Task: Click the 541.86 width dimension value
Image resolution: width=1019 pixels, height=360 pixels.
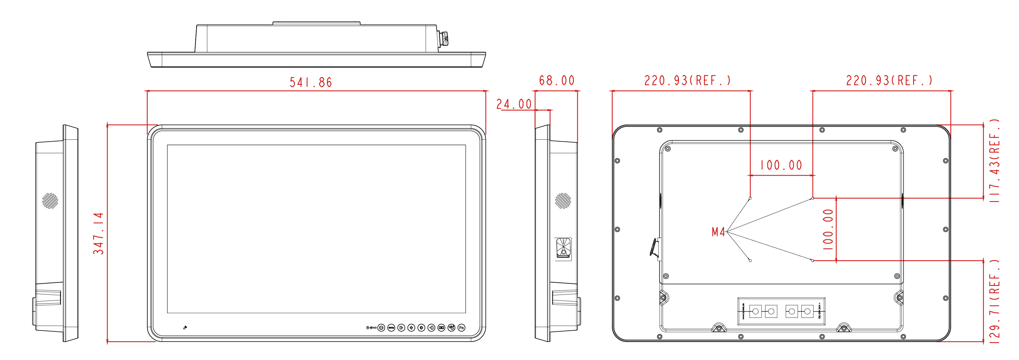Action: (311, 82)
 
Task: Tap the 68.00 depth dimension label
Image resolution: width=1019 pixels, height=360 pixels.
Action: (557, 81)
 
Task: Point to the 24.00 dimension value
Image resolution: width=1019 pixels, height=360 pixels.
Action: (514, 104)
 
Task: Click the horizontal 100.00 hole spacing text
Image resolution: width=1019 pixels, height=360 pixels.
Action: (781, 165)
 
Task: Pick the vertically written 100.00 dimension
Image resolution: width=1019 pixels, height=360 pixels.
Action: (828, 229)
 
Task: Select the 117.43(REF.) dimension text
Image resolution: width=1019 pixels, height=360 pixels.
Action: (995, 161)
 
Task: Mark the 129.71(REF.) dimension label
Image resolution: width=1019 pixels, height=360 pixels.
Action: (995, 304)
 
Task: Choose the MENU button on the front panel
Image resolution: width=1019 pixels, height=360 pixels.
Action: (391, 328)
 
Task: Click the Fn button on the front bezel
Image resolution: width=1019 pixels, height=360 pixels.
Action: (461, 328)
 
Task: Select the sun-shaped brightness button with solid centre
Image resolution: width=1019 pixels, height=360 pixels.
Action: (421, 328)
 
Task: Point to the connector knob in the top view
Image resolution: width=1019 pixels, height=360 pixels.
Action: (444, 39)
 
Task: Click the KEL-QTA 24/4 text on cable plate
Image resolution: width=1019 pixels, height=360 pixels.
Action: (819, 312)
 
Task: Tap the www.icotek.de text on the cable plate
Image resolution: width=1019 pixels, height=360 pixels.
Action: (743, 312)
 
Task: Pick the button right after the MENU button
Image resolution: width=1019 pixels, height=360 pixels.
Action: (401, 328)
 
